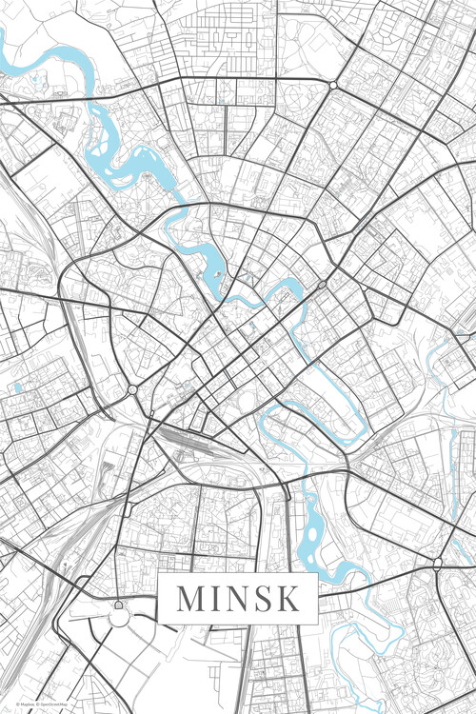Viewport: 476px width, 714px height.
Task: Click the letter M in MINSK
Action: pos(191,599)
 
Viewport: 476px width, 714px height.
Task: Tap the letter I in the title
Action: pos(217,599)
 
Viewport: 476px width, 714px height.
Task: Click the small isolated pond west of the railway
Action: pos(17,388)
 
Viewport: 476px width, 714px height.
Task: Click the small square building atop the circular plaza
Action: pos(118,604)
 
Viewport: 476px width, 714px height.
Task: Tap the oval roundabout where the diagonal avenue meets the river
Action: pos(322,284)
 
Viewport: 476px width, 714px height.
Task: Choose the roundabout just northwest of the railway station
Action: pos(131,389)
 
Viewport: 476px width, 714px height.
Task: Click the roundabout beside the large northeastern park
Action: pos(333,85)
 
